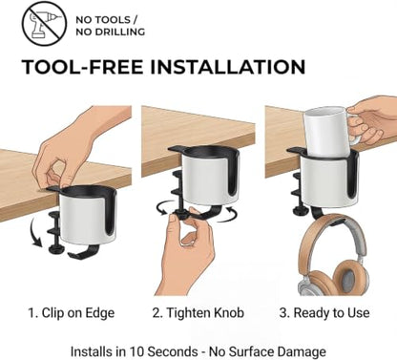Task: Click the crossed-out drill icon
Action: coord(44,24)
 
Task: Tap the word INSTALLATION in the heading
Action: coord(227,67)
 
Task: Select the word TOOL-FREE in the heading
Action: coord(82,67)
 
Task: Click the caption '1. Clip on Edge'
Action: coord(72,313)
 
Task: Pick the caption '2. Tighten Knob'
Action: coord(198,313)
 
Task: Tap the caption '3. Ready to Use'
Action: coord(324,313)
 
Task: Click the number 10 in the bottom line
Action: coord(136,351)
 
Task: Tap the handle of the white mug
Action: coord(355,129)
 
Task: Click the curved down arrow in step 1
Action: coord(35,233)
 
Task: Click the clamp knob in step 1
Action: coord(56,248)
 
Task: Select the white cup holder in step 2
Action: coord(207,179)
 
